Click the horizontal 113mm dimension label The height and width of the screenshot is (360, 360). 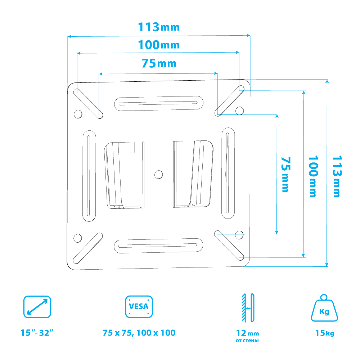pyautogui.click(x=159, y=27)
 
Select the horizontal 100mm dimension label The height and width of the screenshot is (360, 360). pyautogui.click(x=159, y=45)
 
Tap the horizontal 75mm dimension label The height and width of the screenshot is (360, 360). pyautogui.click(x=159, y=63)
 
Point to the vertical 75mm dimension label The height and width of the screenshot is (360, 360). pyautogui.click(x=286, y=174)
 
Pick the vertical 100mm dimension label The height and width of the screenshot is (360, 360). pyautogui.click(x=313, y=176)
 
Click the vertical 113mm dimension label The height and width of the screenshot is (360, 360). pyautogui.click(x=337, y=176)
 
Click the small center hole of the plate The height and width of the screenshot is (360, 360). pyautogui.click(x=158, y=175)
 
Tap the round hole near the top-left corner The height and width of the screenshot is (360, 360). pyautogui.click(x=78, y=114)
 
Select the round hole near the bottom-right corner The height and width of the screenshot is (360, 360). pyautogui.click(x=239, y=235)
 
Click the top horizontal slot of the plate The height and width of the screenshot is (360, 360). pyautogui.click(x=159, y=104)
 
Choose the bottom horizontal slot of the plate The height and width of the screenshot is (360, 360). pyautogui.click(x=158, y=246)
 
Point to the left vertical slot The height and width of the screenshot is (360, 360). pyautogui.click(x=89, y=176)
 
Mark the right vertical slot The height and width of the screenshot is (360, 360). pyautogui.click(x=228, y=174)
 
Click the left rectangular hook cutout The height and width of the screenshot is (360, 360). pyautogui.click(x=125, y=175)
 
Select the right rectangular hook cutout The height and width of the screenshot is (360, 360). pyautogui.click(x=193, y=174)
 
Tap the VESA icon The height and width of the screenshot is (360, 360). pyautogui.click(x=139, y=307)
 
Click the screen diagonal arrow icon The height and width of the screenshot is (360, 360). pyautogui.click(x=37, y=307)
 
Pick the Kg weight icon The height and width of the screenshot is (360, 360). pyautogui.click(x=324, y=308)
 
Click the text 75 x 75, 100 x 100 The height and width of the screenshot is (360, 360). pyautogui.click(x=139, y=333)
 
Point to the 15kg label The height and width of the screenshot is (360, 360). pyautogui.click(x=325, y=333)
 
